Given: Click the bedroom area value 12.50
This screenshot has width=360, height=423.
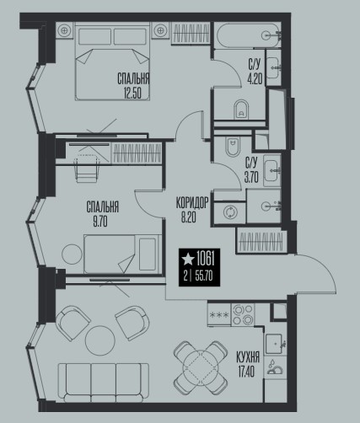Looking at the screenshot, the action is tap(132, 93).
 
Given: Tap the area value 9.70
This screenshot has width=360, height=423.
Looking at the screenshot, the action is tap(100, 222).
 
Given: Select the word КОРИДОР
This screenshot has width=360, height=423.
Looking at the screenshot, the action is tap(192, 202).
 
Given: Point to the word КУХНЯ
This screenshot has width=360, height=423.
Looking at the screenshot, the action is tap(248, 357).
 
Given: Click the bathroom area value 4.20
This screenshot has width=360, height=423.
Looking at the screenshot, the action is tap(255, 79).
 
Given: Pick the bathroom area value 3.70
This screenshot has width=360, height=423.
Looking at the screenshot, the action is tap(251, 178).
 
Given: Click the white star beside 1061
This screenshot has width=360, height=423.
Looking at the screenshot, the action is tap(188, 259).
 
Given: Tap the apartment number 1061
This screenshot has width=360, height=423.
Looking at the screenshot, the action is tap(206, 259).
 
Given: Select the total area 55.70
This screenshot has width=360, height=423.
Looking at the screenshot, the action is tap(204, 276).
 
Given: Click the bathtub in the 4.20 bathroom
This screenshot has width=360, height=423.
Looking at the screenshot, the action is tap(248, 35).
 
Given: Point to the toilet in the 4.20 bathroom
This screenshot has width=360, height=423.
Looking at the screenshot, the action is tap(241, 110).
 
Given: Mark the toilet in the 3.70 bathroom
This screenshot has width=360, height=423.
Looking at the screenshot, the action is tap(233, 147).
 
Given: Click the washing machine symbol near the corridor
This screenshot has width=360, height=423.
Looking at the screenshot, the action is tap(230, 212).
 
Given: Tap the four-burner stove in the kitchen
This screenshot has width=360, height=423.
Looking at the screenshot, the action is tap(243, 314).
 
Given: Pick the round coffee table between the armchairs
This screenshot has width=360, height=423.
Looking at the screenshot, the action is tap(100, 340).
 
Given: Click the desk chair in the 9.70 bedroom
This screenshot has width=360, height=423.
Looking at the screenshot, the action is tap(87, 169).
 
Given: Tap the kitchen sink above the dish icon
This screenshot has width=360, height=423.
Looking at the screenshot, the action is tap(274, 344).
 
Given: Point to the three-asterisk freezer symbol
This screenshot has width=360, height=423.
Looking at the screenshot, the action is tap(219, 314).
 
